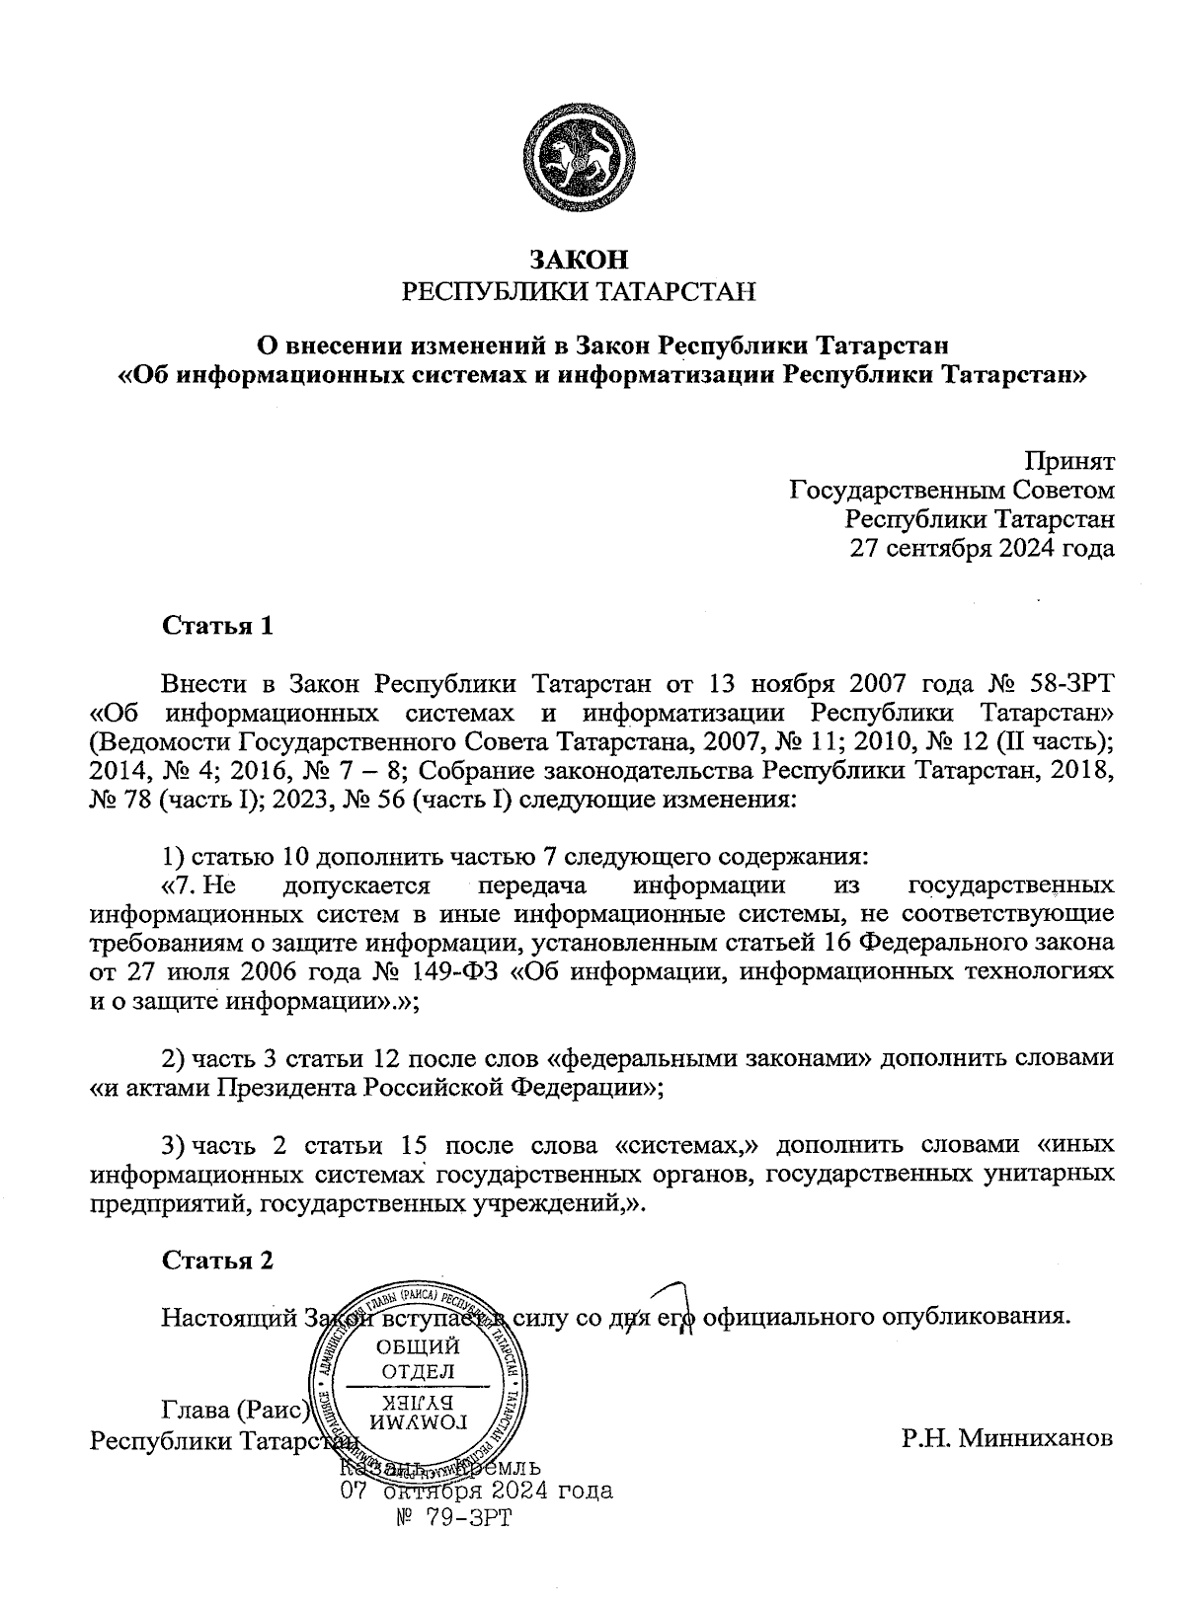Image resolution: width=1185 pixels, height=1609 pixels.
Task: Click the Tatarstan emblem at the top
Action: [x=579, y=159]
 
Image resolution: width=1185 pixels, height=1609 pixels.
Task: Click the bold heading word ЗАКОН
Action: [x=579, y=260]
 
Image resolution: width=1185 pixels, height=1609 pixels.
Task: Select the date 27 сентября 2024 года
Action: [x=984, y=548]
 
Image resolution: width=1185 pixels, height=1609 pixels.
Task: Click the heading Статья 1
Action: [x=216, y=626]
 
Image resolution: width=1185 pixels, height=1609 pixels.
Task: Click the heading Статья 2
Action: [x=216, y=1261]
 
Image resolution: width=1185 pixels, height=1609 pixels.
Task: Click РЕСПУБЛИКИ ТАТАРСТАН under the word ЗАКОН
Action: [x=579, y=291]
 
